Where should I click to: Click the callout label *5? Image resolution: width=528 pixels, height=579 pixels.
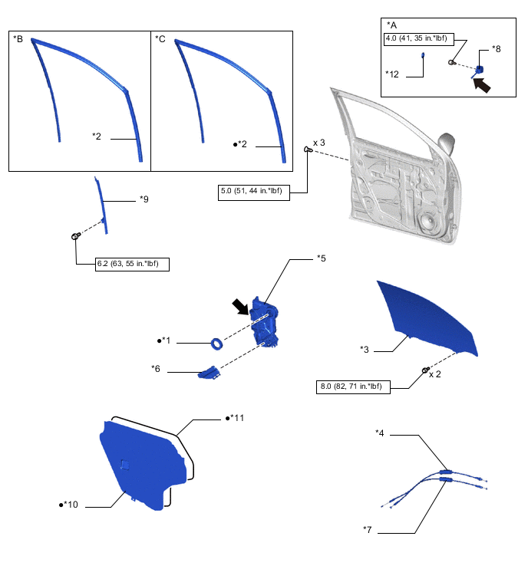click(322, 258)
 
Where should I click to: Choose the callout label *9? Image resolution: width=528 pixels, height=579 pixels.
click(144, 199)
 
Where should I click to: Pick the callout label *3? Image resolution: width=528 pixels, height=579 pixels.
click(365, 350)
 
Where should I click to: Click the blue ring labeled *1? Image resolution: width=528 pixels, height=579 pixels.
click(217, 343)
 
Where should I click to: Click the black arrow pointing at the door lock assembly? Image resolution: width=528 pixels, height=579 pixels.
click(243, 307)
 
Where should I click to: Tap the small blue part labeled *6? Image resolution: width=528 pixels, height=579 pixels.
click(208, 373)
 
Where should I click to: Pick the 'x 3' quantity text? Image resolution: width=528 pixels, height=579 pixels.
click(318, 143)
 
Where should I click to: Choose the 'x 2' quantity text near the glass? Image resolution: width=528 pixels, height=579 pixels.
click(434, 374)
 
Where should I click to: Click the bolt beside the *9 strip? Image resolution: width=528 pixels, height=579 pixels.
click(77, 236)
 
